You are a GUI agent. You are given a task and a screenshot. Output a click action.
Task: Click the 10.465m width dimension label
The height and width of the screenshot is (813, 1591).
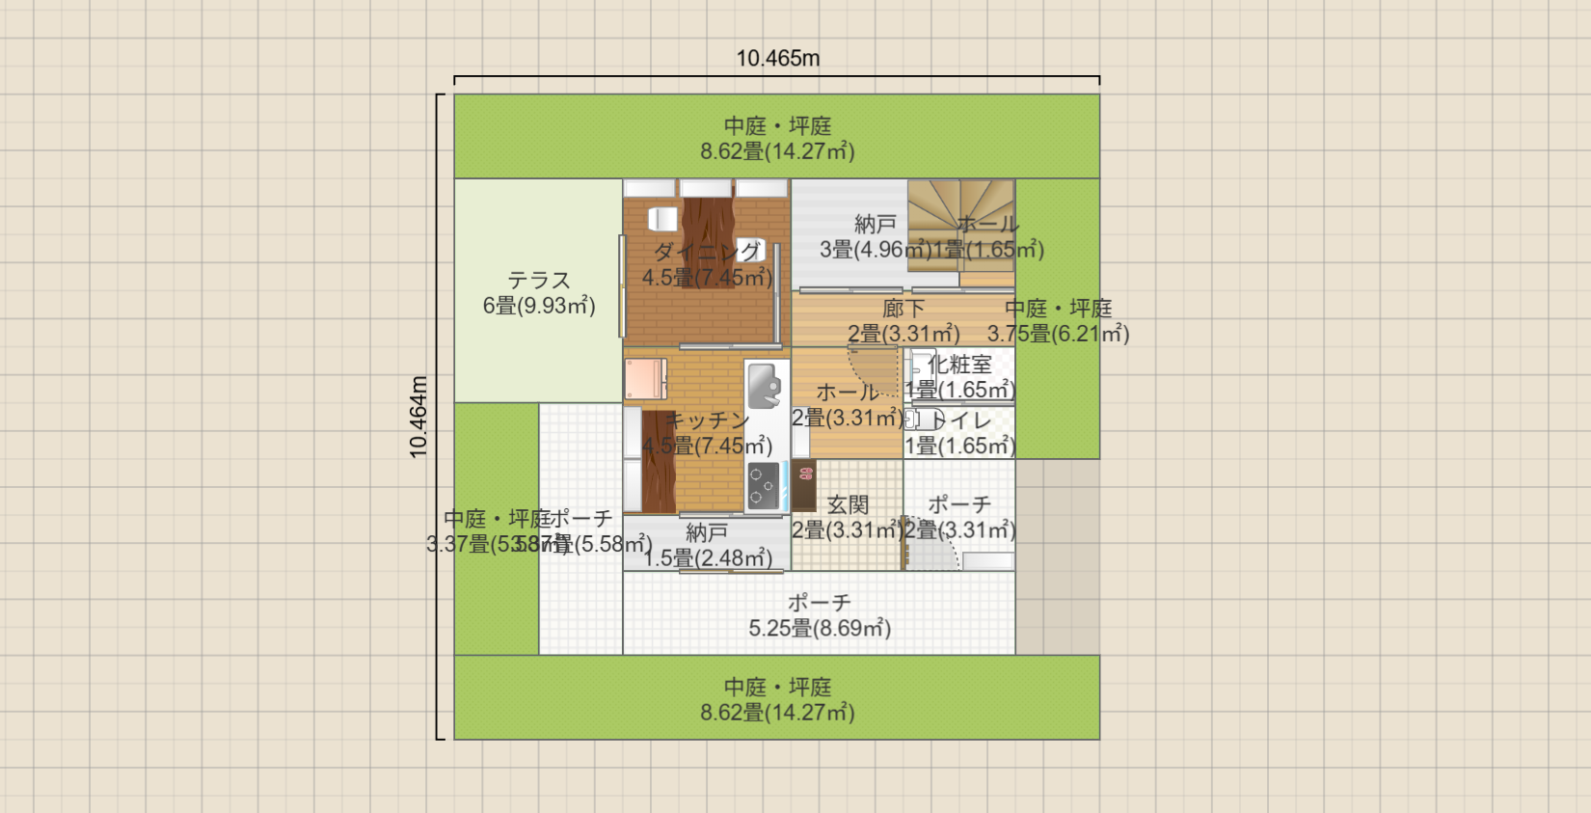coord(777,58)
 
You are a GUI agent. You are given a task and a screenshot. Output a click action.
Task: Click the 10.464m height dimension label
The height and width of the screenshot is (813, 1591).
coord(418,417)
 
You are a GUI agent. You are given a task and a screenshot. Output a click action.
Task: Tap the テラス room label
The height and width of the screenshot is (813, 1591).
coord(539,281)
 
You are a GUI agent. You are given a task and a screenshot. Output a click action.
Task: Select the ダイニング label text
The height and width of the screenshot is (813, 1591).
coord(707,253)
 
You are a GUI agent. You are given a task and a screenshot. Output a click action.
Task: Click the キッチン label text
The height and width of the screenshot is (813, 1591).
coord(707,420)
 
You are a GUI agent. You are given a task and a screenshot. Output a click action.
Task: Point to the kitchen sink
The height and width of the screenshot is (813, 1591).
coord(765,385)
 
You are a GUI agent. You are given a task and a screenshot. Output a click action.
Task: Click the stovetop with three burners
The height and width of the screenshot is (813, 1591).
coord(763,486)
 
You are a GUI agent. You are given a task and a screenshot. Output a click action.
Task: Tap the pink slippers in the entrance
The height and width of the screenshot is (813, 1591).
coord(806,474)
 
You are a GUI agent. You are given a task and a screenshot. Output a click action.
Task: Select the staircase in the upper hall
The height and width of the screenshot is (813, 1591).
coord(959,231)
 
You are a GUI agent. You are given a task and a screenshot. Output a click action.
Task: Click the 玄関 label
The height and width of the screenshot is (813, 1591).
coord(848,504)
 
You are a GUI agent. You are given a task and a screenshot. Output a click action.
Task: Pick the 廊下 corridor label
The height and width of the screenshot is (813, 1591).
coord(903,309)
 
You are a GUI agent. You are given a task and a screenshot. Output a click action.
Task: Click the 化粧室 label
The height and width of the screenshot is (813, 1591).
coord(959,365)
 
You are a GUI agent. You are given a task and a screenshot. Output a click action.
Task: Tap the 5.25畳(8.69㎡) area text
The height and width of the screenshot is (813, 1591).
coord(820,629)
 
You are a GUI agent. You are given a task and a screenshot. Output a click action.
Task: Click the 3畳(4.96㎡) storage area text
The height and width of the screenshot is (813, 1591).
coord(876,250)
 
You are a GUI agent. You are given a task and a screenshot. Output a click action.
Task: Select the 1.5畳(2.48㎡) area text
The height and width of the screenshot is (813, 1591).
coord(707,558)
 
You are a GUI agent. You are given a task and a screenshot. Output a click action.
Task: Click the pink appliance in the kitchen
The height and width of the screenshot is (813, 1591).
coord(644,378)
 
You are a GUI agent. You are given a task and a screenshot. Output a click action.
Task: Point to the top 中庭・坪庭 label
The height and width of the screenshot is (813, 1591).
coord(777,126)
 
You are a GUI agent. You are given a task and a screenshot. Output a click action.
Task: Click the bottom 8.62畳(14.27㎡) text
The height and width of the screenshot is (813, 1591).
coord(777,713)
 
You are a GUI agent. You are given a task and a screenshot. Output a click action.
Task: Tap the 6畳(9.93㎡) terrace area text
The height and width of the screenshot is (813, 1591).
coord(539,307)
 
